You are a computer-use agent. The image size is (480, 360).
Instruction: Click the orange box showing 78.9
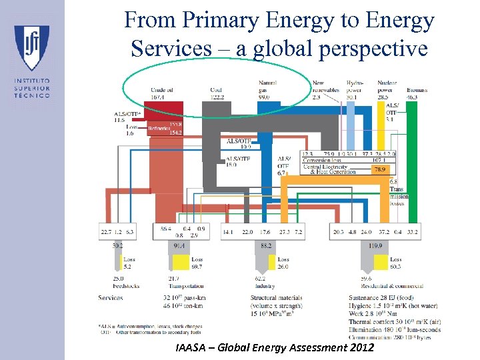click(x=379, y=170)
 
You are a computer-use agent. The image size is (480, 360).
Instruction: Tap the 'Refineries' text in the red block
click(x=159, y=128)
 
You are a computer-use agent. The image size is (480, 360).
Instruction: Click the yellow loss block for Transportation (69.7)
click(x=195, y=263)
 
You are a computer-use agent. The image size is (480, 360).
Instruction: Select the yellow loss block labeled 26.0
click(x=283, y=263)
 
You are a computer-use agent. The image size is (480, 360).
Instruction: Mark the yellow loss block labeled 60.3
click(x=395, y=263)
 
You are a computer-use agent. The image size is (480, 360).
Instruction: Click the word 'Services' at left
click(x=110, y=297)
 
